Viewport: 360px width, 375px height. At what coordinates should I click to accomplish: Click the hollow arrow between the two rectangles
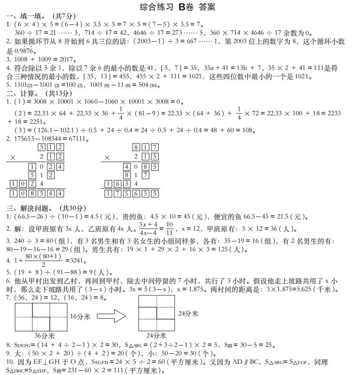click(114, 316)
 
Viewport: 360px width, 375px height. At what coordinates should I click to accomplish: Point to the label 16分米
click(80, 317)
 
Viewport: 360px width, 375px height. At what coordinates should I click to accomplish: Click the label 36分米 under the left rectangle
click(45, 336)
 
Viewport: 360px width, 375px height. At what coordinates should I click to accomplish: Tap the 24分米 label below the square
click(156, 336)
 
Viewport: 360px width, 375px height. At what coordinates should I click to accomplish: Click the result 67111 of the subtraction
click(75, 139)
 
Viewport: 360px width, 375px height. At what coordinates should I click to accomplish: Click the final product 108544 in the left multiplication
click(37, 193)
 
